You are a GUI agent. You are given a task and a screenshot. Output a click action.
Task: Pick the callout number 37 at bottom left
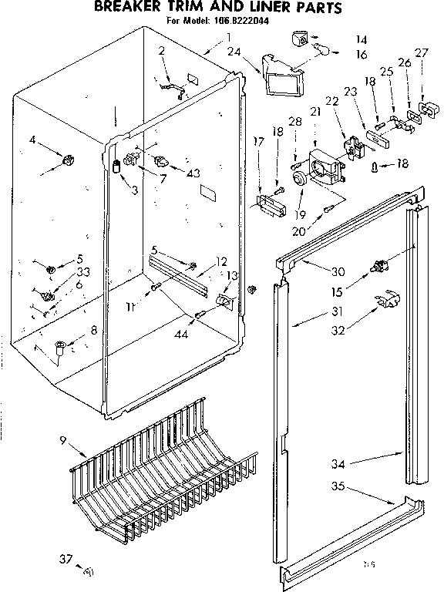(66, 559)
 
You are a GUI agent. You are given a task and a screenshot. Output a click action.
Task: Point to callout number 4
(32, 140)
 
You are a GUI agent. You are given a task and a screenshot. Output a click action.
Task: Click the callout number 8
(93, 330)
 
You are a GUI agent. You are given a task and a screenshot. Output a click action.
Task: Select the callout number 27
(421, 53)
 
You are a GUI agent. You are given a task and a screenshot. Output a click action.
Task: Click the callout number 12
(221, 261)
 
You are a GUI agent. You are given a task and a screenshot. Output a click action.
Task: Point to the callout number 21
(314, 113)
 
